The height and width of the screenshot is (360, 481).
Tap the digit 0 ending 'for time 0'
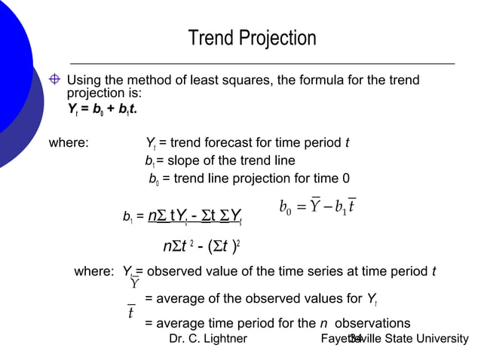point(345,178)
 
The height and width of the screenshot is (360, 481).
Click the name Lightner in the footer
point(223,338)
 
